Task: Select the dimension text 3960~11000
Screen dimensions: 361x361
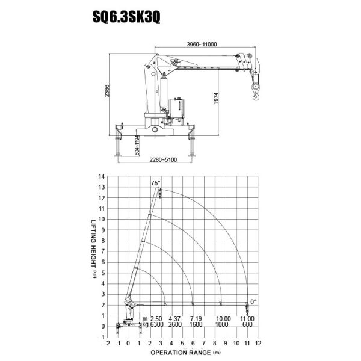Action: point(201,44)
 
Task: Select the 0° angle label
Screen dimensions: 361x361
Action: point(253,301)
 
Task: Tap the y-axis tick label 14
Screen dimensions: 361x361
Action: point(102,176)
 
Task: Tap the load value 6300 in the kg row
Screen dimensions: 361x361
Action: point(156,324)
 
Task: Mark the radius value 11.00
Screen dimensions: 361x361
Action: point(248,318)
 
